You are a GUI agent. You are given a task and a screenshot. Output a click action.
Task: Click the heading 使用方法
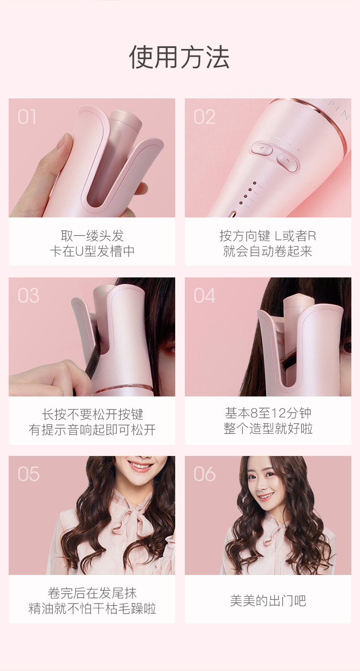(180, 57)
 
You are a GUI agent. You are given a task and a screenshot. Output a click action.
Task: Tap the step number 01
(27, 117)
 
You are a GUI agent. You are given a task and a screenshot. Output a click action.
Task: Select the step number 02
(204, 117)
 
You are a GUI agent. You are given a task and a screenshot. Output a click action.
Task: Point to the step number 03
(28, 295)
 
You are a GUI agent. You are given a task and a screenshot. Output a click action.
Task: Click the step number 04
(204, 295)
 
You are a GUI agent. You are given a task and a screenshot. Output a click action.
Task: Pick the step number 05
(28, 474)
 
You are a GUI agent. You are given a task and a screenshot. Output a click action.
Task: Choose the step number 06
(204, 474)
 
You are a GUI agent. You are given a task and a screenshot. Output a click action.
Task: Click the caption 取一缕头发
(92, 236)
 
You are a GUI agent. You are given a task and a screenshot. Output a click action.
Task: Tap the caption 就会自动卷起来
(268, 251)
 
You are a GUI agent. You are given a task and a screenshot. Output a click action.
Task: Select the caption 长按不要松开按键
(92, 415)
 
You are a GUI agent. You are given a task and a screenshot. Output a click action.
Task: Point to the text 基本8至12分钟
(268, 413)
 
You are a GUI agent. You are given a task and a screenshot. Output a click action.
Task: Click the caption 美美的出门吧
(268, 600)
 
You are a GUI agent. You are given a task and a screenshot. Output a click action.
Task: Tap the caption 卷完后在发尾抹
(92, 593)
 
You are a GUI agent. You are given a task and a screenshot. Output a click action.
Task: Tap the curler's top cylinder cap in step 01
(125, 119)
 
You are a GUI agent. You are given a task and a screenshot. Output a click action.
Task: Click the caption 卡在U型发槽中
(92, 251)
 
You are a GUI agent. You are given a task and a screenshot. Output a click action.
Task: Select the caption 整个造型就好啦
(268, 428)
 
